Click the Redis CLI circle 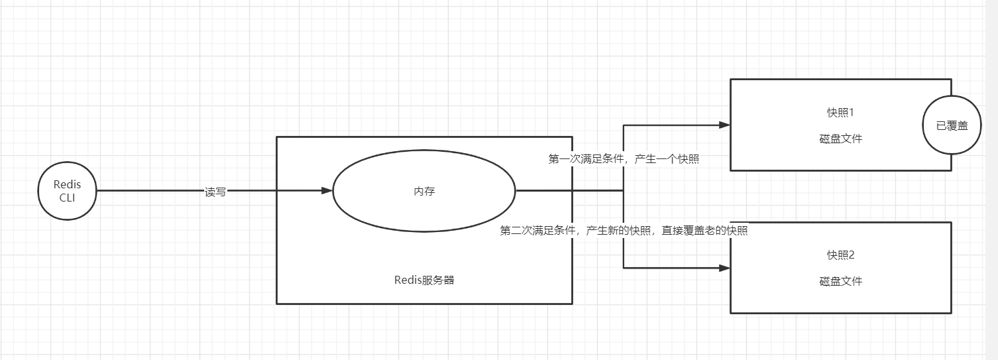coord(67,191)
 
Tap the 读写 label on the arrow coord(215,192)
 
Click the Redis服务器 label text coord(424,280)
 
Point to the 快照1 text coord(840,112)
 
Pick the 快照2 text coord(840,255)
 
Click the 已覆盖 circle coord(952,125)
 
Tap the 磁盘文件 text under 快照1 coord(840,139)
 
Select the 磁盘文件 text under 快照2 coord(840,281)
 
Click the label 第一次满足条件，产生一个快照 coord(624,159)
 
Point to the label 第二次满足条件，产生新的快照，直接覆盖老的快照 coord(624,231)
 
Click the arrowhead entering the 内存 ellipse coord(327,191)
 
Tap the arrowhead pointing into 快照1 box coord(724,125)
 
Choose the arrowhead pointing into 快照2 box coord(724,268)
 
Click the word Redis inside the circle coord(67,185)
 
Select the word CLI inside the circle coord(67,198)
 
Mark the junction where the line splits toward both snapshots coord(623,191)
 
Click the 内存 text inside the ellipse coord(424,192)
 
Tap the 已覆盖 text coord(952,125)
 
